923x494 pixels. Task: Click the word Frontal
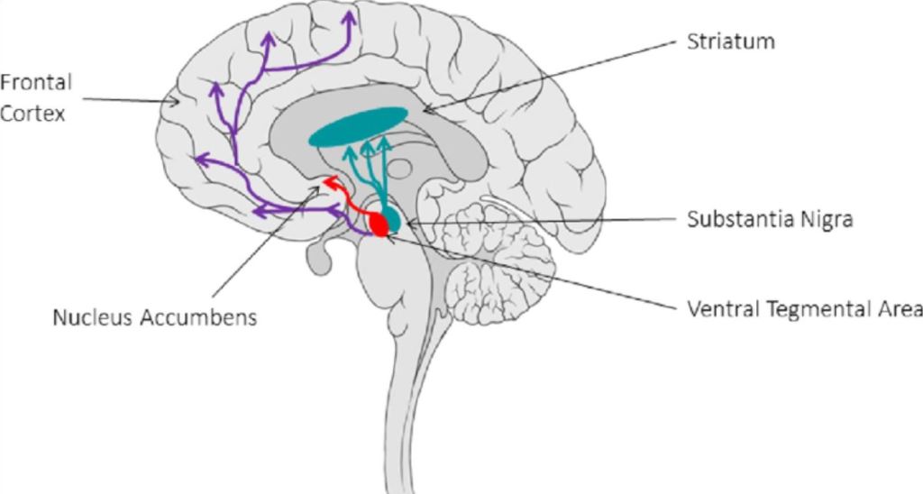[x=36, y=83]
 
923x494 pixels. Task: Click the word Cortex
[x=33, y=114]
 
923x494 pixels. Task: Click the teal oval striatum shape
[x=355, y=125]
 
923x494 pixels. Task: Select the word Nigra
[x=828, y=220]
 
